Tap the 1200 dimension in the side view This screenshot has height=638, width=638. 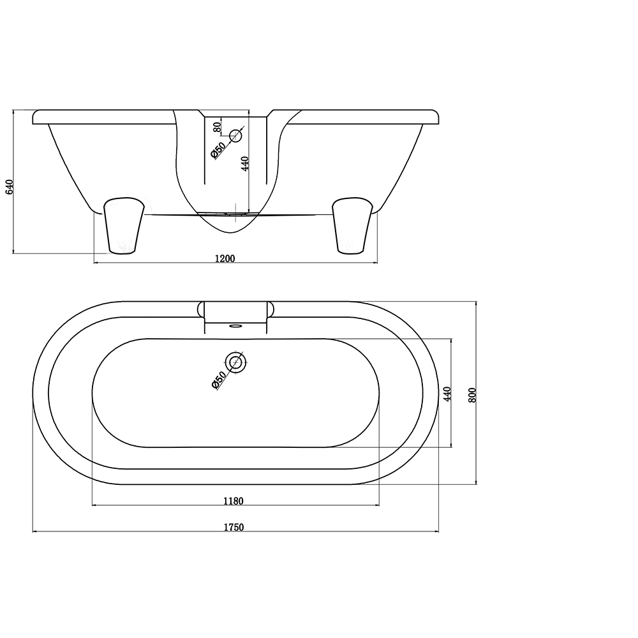pyautogui.click(x=226, y=258)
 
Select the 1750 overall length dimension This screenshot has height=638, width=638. pyautogui.click(x=234, y=527)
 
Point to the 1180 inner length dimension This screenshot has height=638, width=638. pyautogui.click(x=234, y=501)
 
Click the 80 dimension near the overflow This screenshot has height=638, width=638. pyautogui.click(x=217, y=126)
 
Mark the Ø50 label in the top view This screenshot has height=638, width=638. pyautogui.click(x=218, y=380)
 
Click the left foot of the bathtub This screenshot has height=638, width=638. pyautogui.click(x=122, y=225)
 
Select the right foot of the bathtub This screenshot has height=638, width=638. pyautogui.click(x=352, y=225)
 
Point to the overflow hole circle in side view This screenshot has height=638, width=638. pyautogui.click(x=236, y=135)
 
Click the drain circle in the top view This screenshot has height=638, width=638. pyautogui.click(x=236, y=362)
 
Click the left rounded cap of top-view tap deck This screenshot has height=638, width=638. pyautogui.click(x=201, y=310)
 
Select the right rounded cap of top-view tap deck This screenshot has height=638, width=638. pyautogui.click(x=271, y=310)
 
